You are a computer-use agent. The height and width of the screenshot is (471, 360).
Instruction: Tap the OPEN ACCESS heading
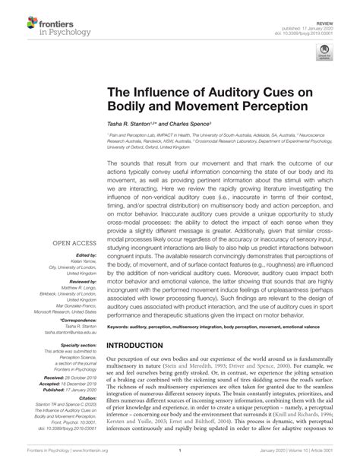point(72,222)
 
